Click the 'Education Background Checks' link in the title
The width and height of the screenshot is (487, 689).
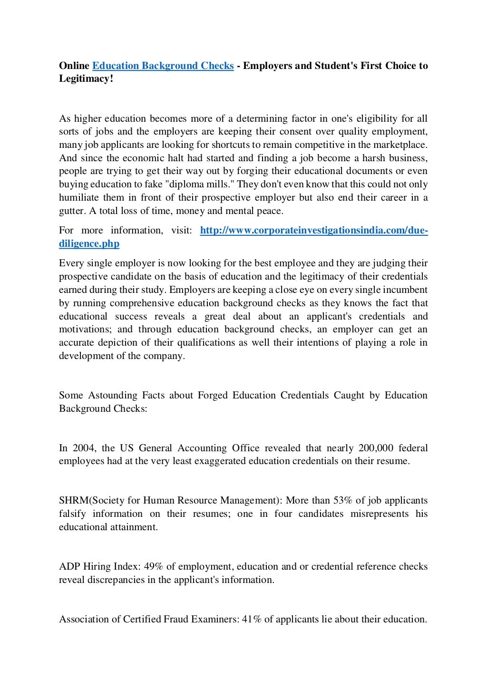(163, 66)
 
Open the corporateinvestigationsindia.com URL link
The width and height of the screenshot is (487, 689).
(314, 231)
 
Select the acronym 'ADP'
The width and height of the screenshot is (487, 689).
(69, 567)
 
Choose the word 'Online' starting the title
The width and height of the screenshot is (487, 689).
(73, 66)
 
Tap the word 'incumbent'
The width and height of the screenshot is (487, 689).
(406, 290)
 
